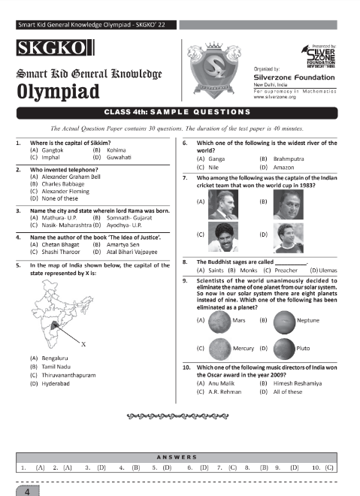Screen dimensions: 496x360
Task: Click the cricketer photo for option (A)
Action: point(222,202)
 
